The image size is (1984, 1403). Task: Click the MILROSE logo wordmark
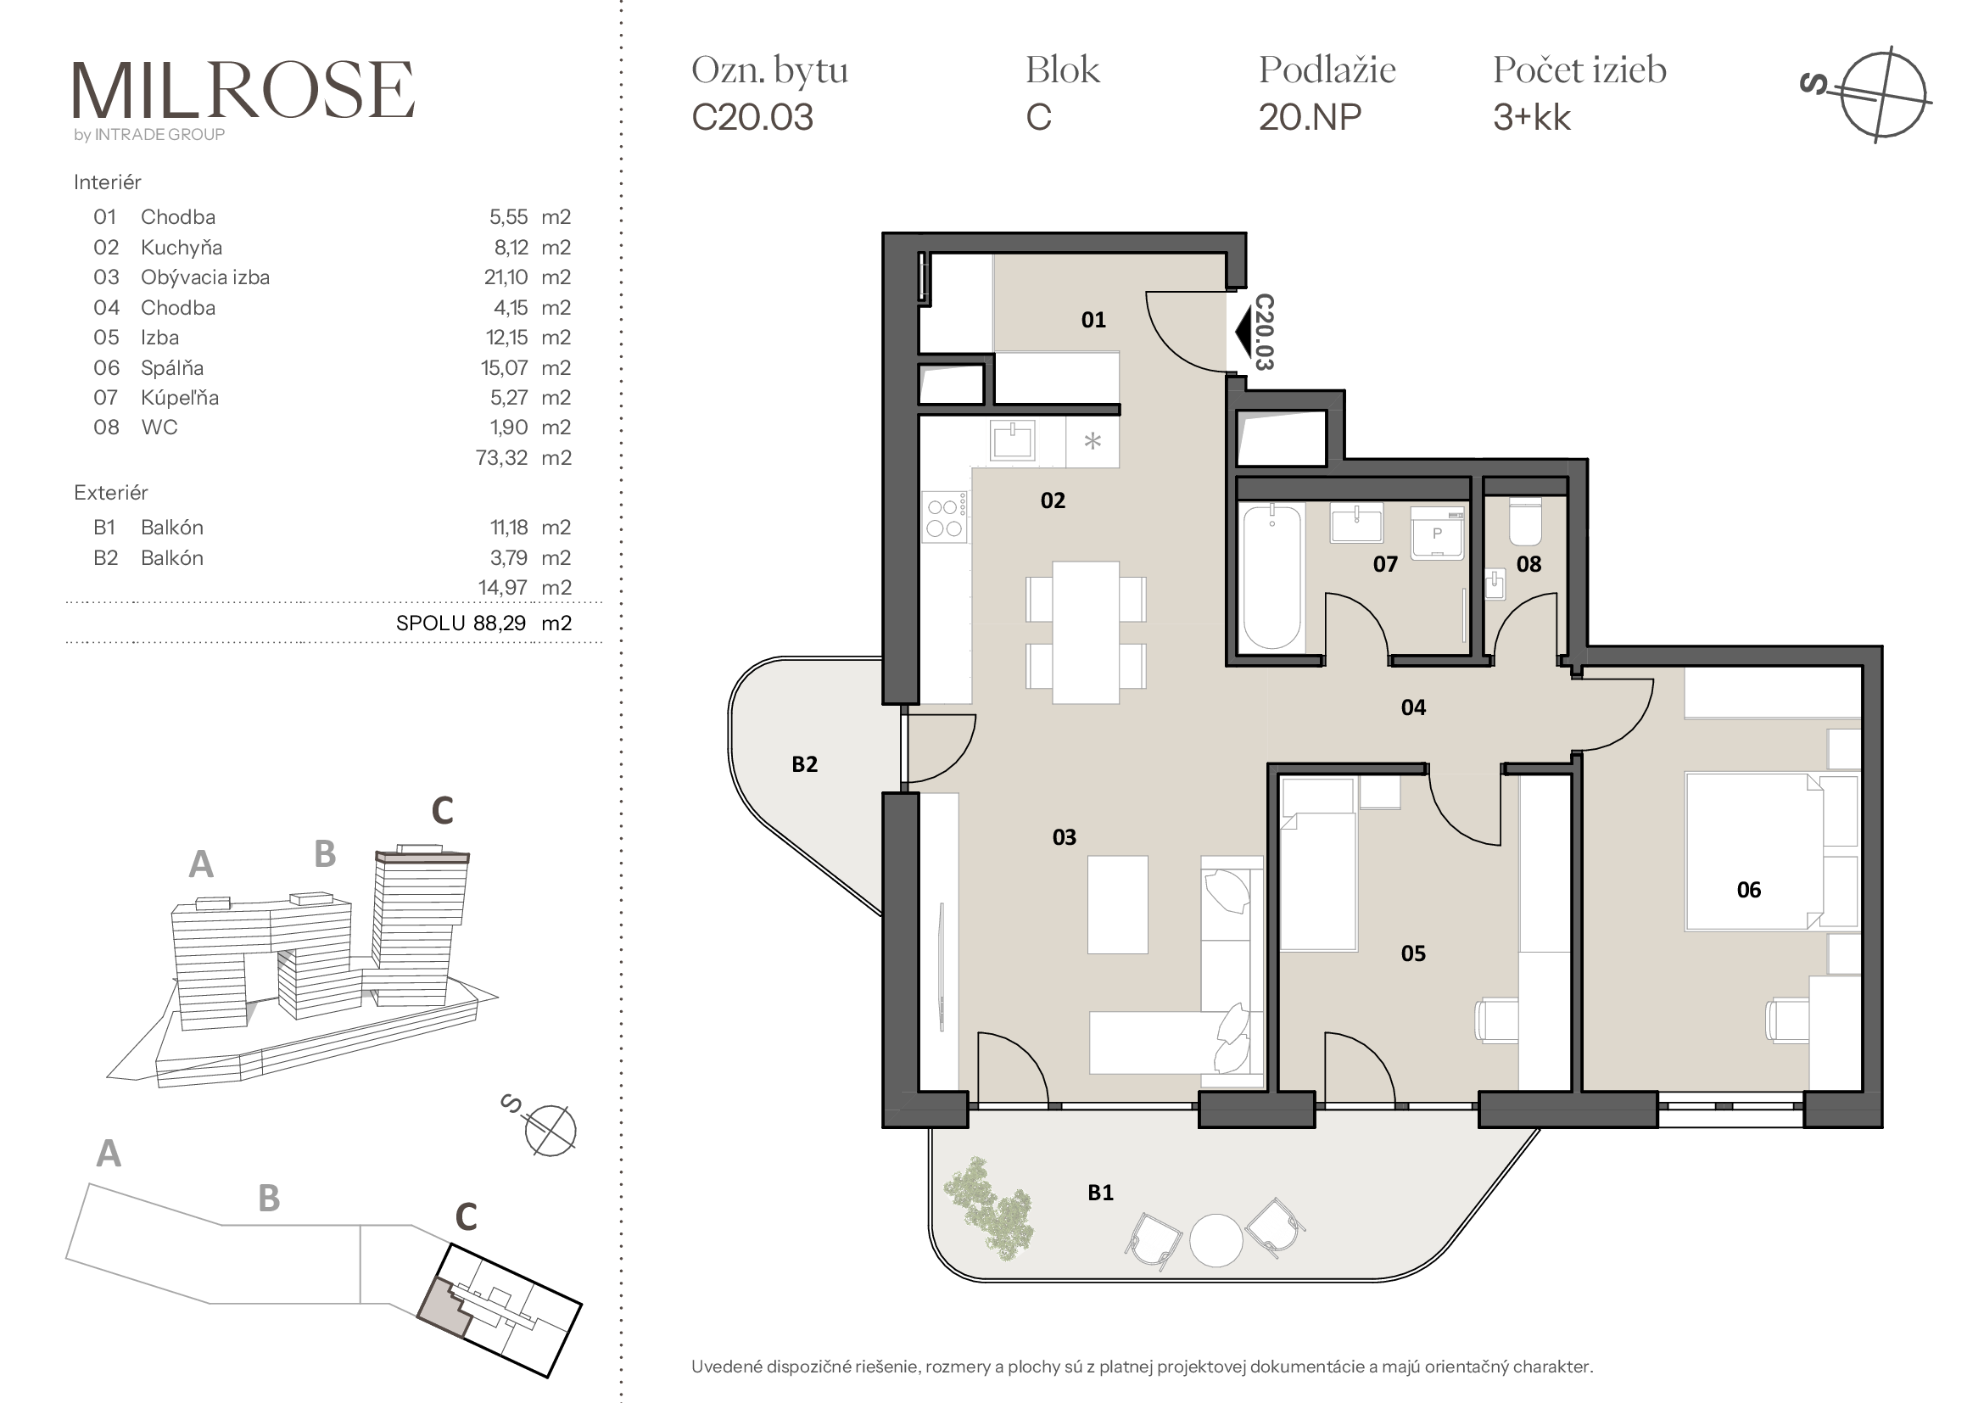point(243,90)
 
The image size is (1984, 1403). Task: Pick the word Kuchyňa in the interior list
point(182,248)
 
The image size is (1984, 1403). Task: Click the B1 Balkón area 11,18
point(509,528)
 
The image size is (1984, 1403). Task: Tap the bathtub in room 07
point(1271,577)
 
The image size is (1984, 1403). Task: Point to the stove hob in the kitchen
point(944,517)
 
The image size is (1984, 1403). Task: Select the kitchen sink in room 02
point(1013,440)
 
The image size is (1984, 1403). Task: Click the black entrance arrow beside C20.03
point(1243,332)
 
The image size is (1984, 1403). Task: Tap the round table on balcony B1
point(1216,1240)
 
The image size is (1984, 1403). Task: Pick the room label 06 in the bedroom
point(1748,890)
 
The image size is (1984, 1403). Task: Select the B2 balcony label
point(804,763)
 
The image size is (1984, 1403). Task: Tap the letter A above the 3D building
point(201,863)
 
